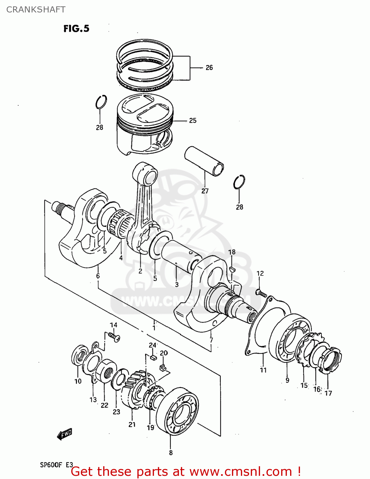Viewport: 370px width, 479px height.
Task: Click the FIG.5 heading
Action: coord(76,29)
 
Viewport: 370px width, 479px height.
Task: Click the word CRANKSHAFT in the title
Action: coord(36,10)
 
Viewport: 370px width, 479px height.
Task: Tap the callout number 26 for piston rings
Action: coord(209,68)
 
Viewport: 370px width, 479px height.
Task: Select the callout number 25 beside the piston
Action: coord(193,121)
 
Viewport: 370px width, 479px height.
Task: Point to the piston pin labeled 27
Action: coord(204,161)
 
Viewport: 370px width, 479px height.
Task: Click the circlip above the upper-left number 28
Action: coord(101,102)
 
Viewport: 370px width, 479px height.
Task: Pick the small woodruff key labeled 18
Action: coord(232,269)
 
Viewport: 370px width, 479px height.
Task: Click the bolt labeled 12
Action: coord(261,293)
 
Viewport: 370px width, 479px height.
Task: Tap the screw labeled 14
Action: coord(114,337)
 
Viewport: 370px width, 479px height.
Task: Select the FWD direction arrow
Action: coord(65,434)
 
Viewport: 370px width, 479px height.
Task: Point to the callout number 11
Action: coord(263,370)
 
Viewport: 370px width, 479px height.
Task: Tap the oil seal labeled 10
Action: coord(79,355)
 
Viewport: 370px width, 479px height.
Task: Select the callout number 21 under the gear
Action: coord(132,425)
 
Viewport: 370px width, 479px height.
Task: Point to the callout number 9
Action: coord(287,380)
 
